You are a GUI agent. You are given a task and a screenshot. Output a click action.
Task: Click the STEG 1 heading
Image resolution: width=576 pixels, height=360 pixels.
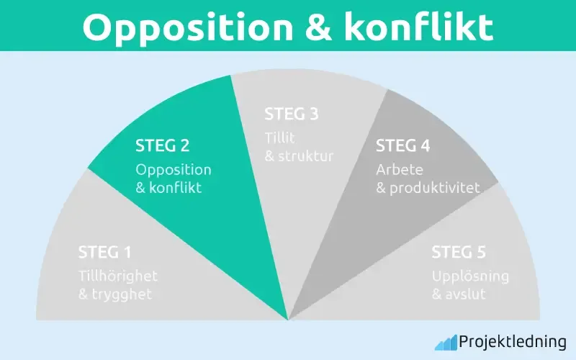[105, 253]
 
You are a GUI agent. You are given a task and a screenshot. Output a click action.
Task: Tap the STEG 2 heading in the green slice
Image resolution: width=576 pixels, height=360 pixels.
[163, 146]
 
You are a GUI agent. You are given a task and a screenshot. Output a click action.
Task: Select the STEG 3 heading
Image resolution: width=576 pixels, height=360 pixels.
[292, 114]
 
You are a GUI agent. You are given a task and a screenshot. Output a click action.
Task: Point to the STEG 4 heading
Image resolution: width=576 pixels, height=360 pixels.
[403, 146]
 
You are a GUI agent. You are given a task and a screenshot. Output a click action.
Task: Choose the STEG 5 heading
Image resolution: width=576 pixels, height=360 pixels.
[459, 253]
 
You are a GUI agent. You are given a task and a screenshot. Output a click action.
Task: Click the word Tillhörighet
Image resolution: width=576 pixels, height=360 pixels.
[117, 276]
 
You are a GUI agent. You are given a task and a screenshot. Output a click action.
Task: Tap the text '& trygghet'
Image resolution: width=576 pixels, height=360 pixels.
[115, 294]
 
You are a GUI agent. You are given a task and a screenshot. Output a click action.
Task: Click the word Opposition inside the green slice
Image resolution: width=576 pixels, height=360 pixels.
[174, 170]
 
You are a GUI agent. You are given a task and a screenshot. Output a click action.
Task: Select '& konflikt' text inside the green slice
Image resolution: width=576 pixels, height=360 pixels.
[169, 189]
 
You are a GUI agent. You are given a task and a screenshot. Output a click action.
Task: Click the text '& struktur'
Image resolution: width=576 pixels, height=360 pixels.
[299, 156]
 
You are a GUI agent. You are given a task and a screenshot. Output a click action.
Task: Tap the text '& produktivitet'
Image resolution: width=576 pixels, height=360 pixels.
[422, 189]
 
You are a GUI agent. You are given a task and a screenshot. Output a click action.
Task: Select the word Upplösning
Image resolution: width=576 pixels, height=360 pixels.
[470, 276]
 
